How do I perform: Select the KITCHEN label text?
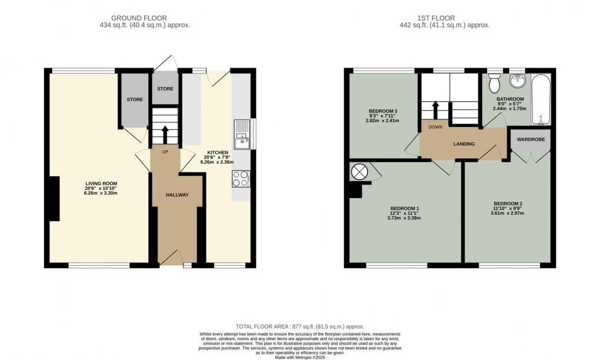click(213, 151)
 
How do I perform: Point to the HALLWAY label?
click(176, 195)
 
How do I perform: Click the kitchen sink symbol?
click(242, 135)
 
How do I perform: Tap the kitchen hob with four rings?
click(241, 178)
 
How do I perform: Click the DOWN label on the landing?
click(436, 126)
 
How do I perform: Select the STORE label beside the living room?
click(135, 99)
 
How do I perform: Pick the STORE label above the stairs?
click(165, 89)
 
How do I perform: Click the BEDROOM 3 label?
click(383, 111)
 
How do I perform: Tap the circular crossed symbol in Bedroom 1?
click(359, 172)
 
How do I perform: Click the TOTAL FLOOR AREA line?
click(300, 326)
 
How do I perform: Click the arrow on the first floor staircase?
click(436, 109)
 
